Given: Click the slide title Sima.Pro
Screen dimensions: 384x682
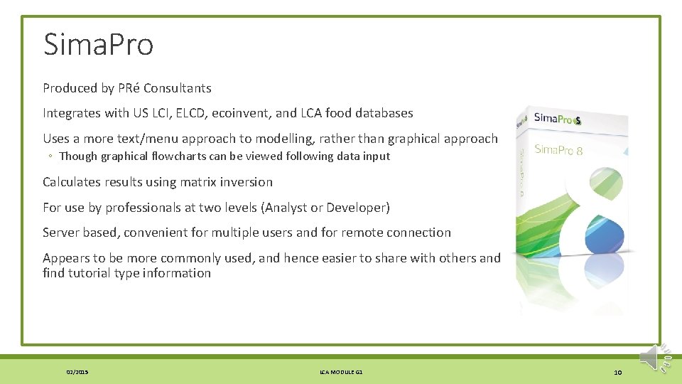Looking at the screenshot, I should [98, 44].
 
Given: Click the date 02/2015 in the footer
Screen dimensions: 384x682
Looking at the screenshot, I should [77, 372].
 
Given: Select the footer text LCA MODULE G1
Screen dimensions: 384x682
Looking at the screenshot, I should [342, 372].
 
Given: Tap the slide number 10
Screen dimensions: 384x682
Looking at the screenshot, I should [618, 372].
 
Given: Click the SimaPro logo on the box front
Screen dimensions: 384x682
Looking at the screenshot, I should [558, 119].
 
